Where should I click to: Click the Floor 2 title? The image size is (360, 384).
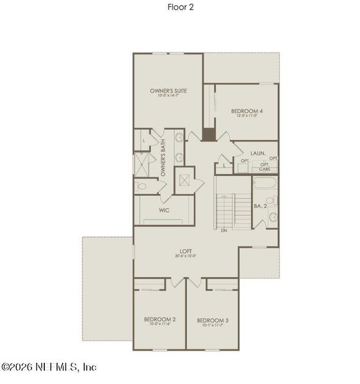180,8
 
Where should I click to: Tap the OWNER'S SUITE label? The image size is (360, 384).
168,91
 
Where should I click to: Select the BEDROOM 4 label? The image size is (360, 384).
247,111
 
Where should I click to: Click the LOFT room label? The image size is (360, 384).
186,252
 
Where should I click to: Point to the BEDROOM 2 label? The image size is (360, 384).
160,319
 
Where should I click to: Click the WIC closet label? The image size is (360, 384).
163,209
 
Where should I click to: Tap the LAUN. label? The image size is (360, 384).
258,153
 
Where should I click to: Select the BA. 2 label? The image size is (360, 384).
259,206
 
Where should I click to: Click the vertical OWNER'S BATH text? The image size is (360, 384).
163,158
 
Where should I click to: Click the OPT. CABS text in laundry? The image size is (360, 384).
265,166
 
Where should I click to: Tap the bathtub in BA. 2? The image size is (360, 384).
265,187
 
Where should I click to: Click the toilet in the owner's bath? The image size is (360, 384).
142,186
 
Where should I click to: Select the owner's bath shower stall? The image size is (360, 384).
141,164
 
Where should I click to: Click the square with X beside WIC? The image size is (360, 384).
184,180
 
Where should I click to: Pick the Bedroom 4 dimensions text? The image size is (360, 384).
247,116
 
